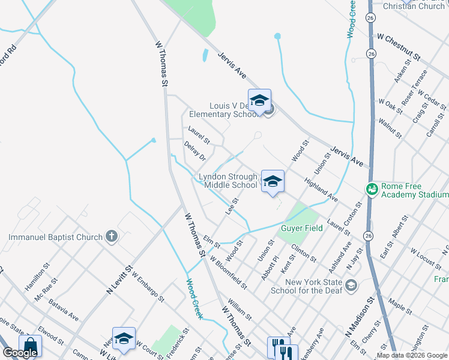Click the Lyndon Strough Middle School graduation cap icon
click(273, 181)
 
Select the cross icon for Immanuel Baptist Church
click(112, 236)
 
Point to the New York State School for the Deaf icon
click(352, 286)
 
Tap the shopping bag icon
click(30, 346)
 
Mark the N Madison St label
click(360, 322)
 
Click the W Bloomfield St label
click(228, 272)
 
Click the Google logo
click(20, 353)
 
